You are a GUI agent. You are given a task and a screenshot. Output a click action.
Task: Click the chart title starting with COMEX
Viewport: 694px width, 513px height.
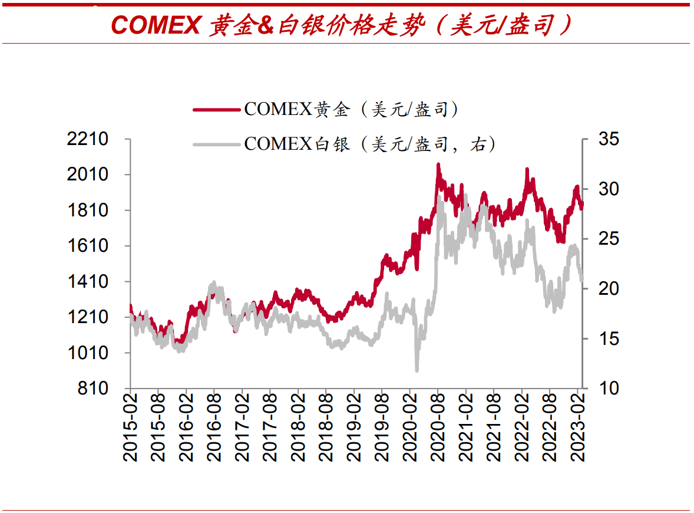click(342, 25)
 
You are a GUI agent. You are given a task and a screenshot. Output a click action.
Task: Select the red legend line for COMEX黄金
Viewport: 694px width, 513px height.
click(216, 109)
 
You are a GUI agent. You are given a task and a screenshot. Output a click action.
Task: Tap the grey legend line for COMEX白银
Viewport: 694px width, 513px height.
click(216, 143)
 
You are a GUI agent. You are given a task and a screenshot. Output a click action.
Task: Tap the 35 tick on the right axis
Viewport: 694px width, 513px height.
click(609, 139)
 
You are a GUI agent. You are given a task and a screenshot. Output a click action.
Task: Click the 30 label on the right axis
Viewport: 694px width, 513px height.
click(609, 189)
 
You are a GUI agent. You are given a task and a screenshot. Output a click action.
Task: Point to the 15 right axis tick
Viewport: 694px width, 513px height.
click(609, 339)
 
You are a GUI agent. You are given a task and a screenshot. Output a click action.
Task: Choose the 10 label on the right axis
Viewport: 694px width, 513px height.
click(609, 389)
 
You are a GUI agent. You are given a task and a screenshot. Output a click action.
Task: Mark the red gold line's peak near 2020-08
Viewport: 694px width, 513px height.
click(438, 165)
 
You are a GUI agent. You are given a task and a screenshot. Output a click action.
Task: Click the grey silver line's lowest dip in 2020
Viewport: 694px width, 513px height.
click(417, 370)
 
